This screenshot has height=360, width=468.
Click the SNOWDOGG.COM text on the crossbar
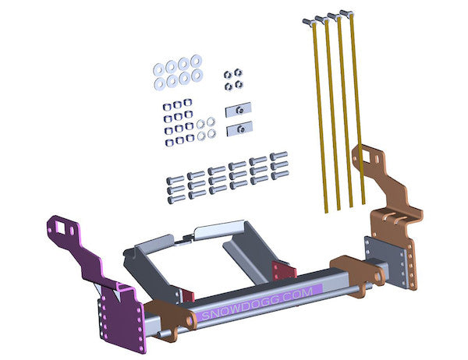[257, 303]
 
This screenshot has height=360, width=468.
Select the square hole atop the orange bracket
[366, 156]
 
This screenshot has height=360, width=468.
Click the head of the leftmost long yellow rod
[308, 22]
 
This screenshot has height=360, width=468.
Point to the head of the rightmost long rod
[346, 12]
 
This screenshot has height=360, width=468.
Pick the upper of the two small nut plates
[239, 110]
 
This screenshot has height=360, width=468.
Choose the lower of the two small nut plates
[239, 129]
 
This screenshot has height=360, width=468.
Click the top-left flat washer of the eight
[159, 70]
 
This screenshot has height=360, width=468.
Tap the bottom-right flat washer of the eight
[197, 75]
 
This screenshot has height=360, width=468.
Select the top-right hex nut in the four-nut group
[238, 72]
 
